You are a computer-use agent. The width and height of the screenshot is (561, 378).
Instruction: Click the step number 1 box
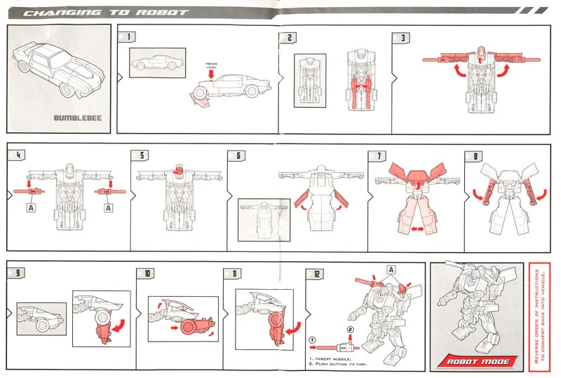point(130,36)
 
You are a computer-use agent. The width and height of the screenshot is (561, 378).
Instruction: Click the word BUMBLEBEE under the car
point(77,117)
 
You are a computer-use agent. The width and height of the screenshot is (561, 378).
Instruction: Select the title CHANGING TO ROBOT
point(105,12)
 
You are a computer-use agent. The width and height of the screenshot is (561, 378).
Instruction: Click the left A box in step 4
point(31,208)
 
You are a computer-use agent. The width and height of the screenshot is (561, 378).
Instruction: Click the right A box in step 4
point(106,208)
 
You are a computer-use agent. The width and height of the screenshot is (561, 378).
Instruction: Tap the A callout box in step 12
point(391,269)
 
